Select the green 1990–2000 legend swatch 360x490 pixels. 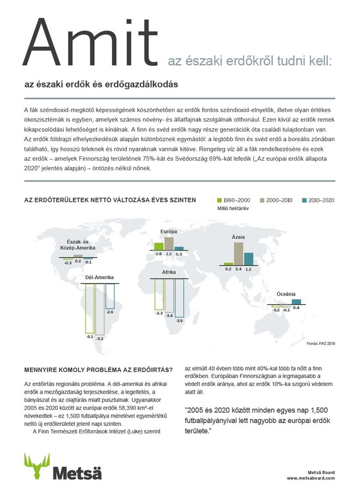[x=221, y=200]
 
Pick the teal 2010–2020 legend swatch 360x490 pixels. [x=304, y=200]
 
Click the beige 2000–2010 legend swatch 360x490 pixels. [x=261, y=200]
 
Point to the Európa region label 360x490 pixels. [x=168, y=231]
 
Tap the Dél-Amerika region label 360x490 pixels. [x=100, y=278]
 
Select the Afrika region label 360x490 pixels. [x=169, y=272]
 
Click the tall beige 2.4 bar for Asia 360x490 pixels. [x=239, y=253]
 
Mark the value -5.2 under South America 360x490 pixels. [x=100, y=339]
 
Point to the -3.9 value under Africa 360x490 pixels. [x=180, y=321]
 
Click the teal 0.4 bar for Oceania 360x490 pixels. [x=296, y=302]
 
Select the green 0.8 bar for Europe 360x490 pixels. [x=158, y=246]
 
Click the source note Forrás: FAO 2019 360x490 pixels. [x=321, y=344]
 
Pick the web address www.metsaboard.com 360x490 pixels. [x=311, y=477]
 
